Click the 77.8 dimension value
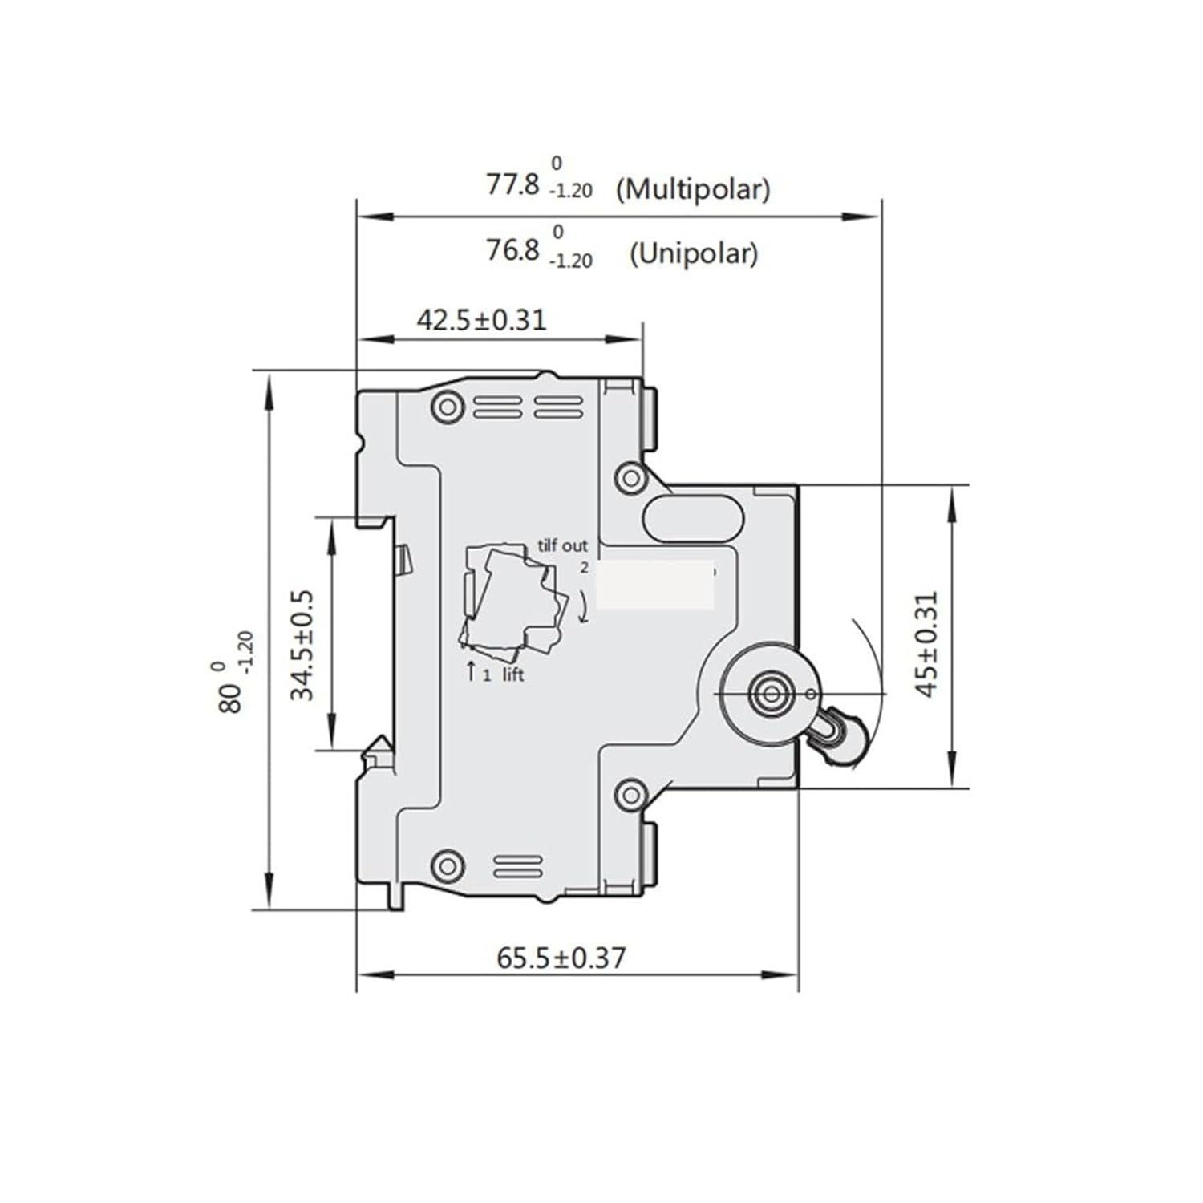[512, 184]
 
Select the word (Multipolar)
[693, 189]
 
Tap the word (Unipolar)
[693, 254]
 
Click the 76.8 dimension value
[512, 250]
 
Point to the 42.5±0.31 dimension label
[481, 320]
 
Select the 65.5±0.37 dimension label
[561, 957]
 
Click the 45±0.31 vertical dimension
[926, 644]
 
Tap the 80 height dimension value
[229, 698]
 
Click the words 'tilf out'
[562, 545]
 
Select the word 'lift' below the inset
[513, 675]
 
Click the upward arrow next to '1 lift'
[472, 670]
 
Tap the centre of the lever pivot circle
[772, 694]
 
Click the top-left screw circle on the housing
[448, 406]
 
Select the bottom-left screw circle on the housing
[448, 865]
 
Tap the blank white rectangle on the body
[656, 584]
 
